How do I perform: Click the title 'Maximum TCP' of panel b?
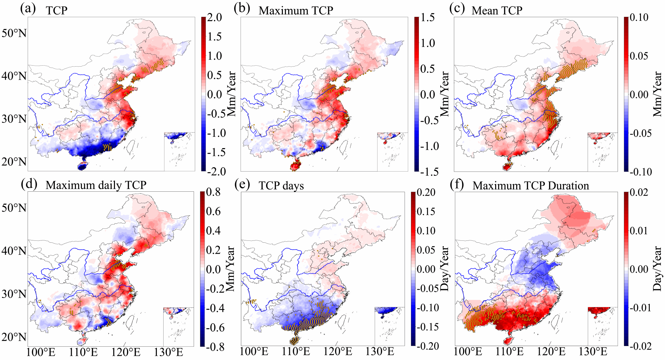pyautogui.click(x=296, y=10)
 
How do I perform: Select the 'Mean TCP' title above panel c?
pyautogui.click(x=497, y=10)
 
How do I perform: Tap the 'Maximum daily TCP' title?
pyautogui.click(x=96, y=185)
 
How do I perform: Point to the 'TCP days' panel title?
pyautogui.click(x=281, y=186)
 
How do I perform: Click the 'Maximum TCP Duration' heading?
pyautogui.click(x=531, y=186)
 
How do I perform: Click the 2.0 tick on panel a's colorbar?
pyautogui.click(x=215, y=17)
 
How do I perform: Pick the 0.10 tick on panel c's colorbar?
pyautogui.click(x=639, y=17)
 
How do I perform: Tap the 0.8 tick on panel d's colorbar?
pyautogui.click(x=213, y=192)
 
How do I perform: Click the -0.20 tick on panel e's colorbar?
pyautogui.click(x=427, y=346)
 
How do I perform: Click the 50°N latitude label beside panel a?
pyautogui.click(x=14, y=33)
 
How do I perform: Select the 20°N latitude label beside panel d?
pyautogui.click(x=14, y=337)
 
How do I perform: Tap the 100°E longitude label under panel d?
pyautogui.click(x=41, y=352)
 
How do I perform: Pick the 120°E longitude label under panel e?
pyautogui.click(x=337, y=352)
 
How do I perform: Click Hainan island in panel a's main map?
pyautogui.click(x=83, y=166)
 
